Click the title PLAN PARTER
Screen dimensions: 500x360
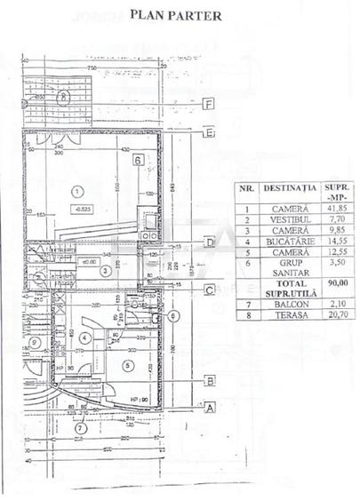tap(176, 14)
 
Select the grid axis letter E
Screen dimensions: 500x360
tap(208, 136)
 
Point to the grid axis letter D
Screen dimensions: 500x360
tap(208, 242)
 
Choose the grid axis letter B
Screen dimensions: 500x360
tap(208, 381)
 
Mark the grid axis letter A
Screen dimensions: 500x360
tap(208, 409)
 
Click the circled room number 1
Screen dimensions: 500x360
tap(77, 190)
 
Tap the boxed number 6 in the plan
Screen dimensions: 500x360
tap(138, 161)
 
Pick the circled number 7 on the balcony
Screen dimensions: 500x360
tap(81, 428)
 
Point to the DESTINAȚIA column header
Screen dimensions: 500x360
tap(292, 188)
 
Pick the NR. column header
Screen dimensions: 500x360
tap(248, 188)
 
